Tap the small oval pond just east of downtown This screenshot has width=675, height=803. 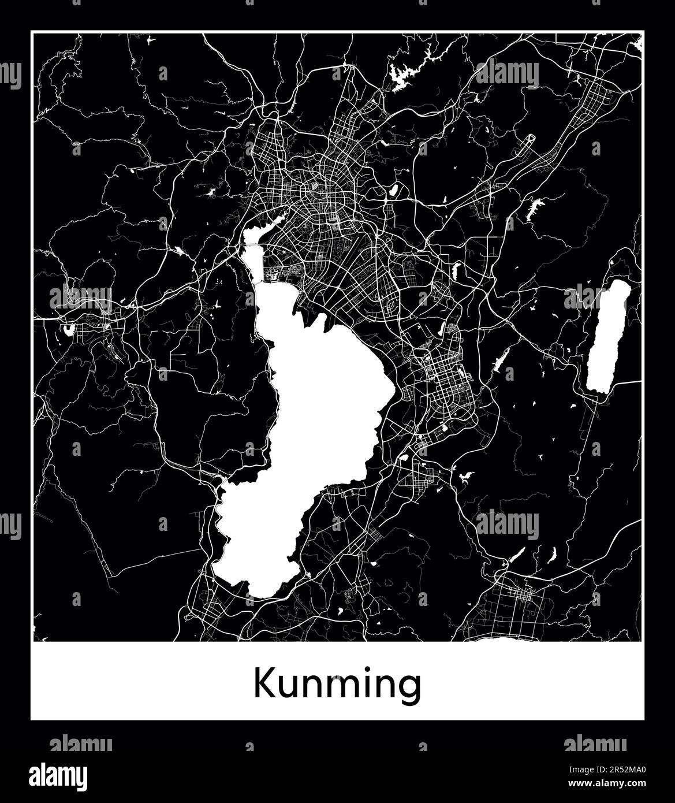pyautogui.click(x=394, y=189)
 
